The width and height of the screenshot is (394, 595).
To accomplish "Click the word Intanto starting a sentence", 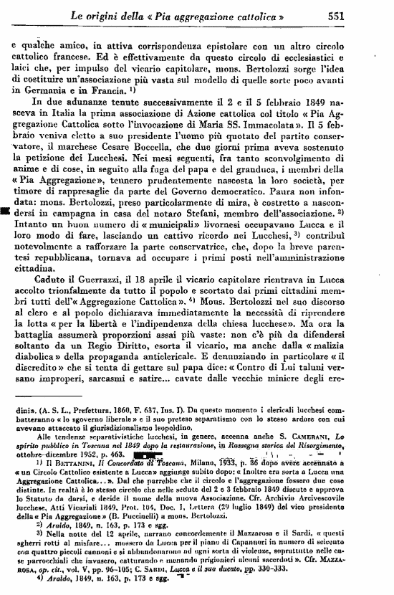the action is coord(32,228).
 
